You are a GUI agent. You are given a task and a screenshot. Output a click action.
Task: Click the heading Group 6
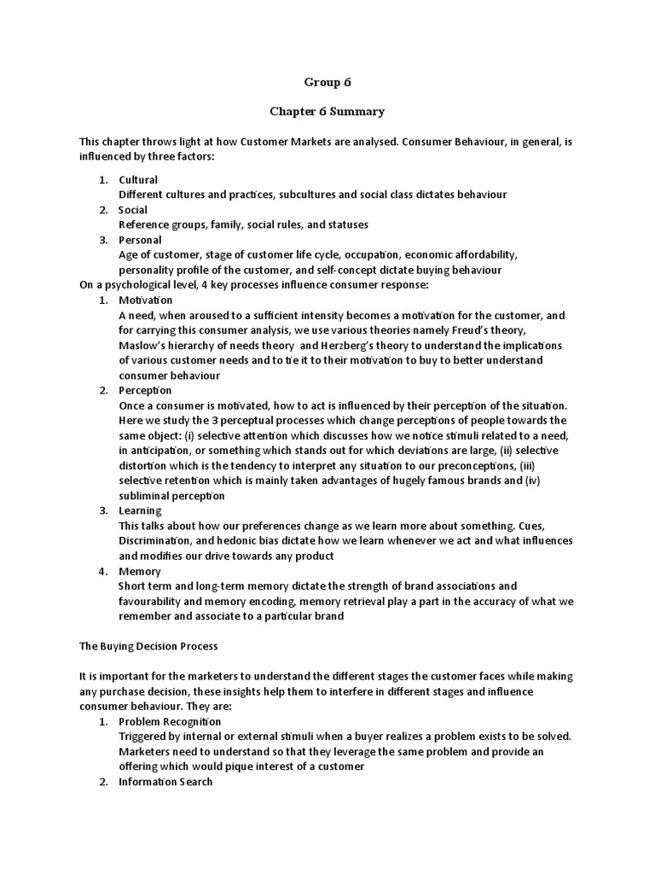(x=327, y=83)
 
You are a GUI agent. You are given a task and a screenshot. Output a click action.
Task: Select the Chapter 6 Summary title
(x=327, y=112)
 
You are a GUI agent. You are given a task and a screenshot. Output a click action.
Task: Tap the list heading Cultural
(x=138, y=180)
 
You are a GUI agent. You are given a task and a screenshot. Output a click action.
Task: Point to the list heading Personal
(x=140, y=240)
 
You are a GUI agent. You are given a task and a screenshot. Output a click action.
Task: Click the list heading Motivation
(x=146, y=300)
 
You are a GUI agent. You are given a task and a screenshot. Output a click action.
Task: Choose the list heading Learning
(x=140, y=510)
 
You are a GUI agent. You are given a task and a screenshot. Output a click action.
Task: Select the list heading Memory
(x=140, y=571)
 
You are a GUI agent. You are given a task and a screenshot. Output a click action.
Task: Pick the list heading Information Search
(x=165, y=782)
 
